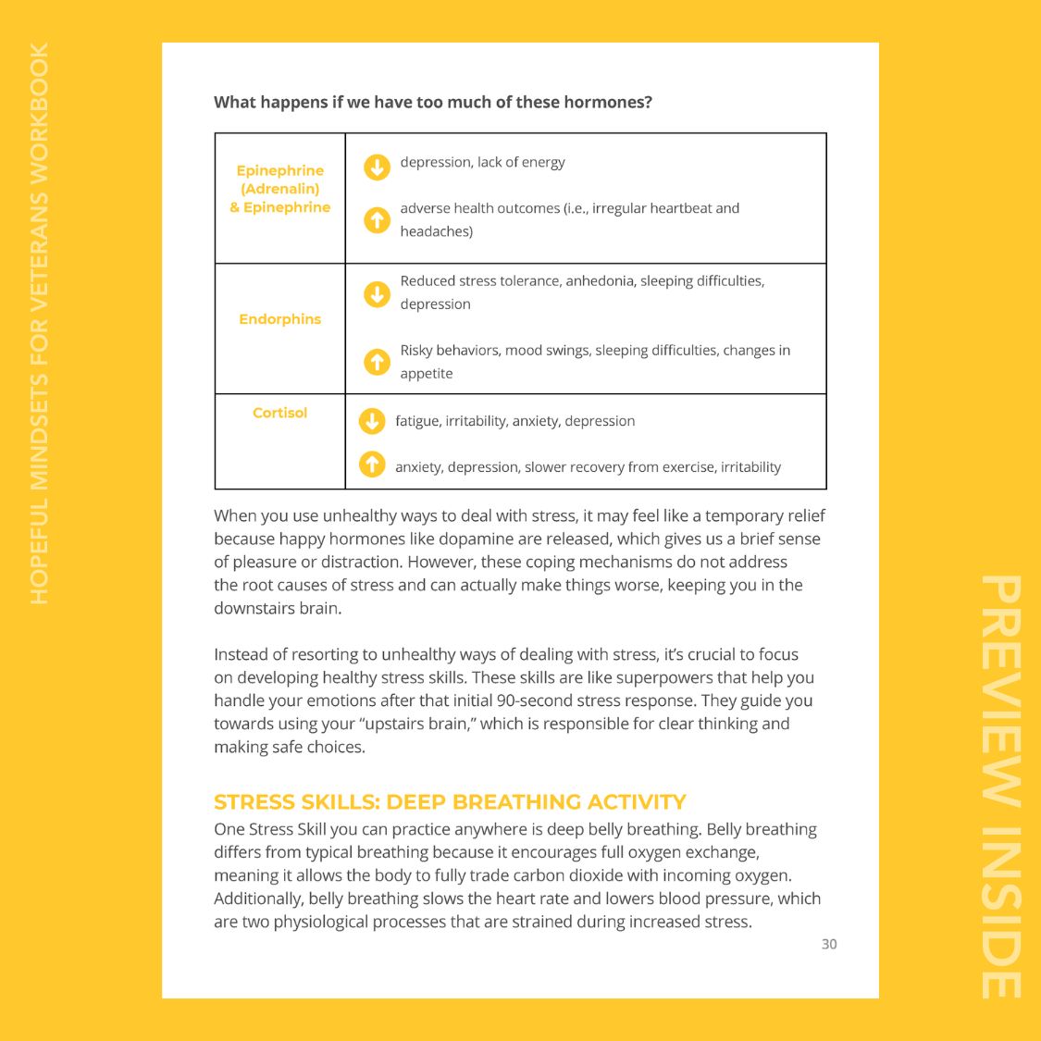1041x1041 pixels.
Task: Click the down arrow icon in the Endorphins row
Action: click(377, 294)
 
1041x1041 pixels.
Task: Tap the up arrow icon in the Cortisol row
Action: click(372, 464)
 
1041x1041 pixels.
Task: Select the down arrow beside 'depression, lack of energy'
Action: click(377, 167)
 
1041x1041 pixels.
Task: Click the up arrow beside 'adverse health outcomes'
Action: click(377, 220)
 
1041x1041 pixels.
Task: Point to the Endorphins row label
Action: click(279, 319)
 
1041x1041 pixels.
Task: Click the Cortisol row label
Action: click(279, 413)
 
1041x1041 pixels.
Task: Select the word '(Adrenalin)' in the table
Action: click(279, 189)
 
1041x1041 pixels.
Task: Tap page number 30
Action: click(829, 944)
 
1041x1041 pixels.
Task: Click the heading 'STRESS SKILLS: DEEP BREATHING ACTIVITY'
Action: click(450, 802)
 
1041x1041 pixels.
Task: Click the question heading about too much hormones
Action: click(433, 102)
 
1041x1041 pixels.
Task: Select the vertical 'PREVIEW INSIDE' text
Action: click(1001, 787)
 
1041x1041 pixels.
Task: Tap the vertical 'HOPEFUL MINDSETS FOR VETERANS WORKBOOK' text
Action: click(39, 324)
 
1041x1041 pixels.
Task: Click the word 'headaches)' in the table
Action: click(436, 231)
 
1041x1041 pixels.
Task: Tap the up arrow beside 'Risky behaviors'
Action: click(377, 362)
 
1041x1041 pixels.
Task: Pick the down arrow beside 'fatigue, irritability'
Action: click(372, 421)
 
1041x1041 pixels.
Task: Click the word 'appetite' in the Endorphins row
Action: click(427, 374)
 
